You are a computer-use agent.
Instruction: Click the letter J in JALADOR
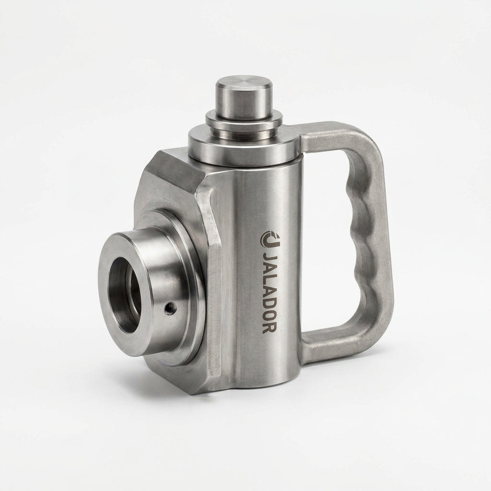[269, 258]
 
